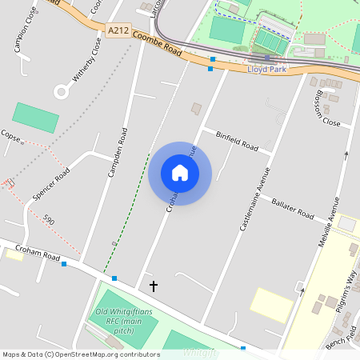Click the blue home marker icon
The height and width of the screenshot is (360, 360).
(x=180, y=173)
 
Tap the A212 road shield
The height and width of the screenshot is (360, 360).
(x=118, y=30)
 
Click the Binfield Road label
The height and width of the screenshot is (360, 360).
(x=237, y=142)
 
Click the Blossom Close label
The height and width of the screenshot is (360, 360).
(x=325, y=114)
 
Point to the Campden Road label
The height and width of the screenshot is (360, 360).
(x=117, y=150)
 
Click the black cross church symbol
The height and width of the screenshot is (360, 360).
(x=154, y=285)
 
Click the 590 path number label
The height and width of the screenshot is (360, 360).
(x=50, y=220)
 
